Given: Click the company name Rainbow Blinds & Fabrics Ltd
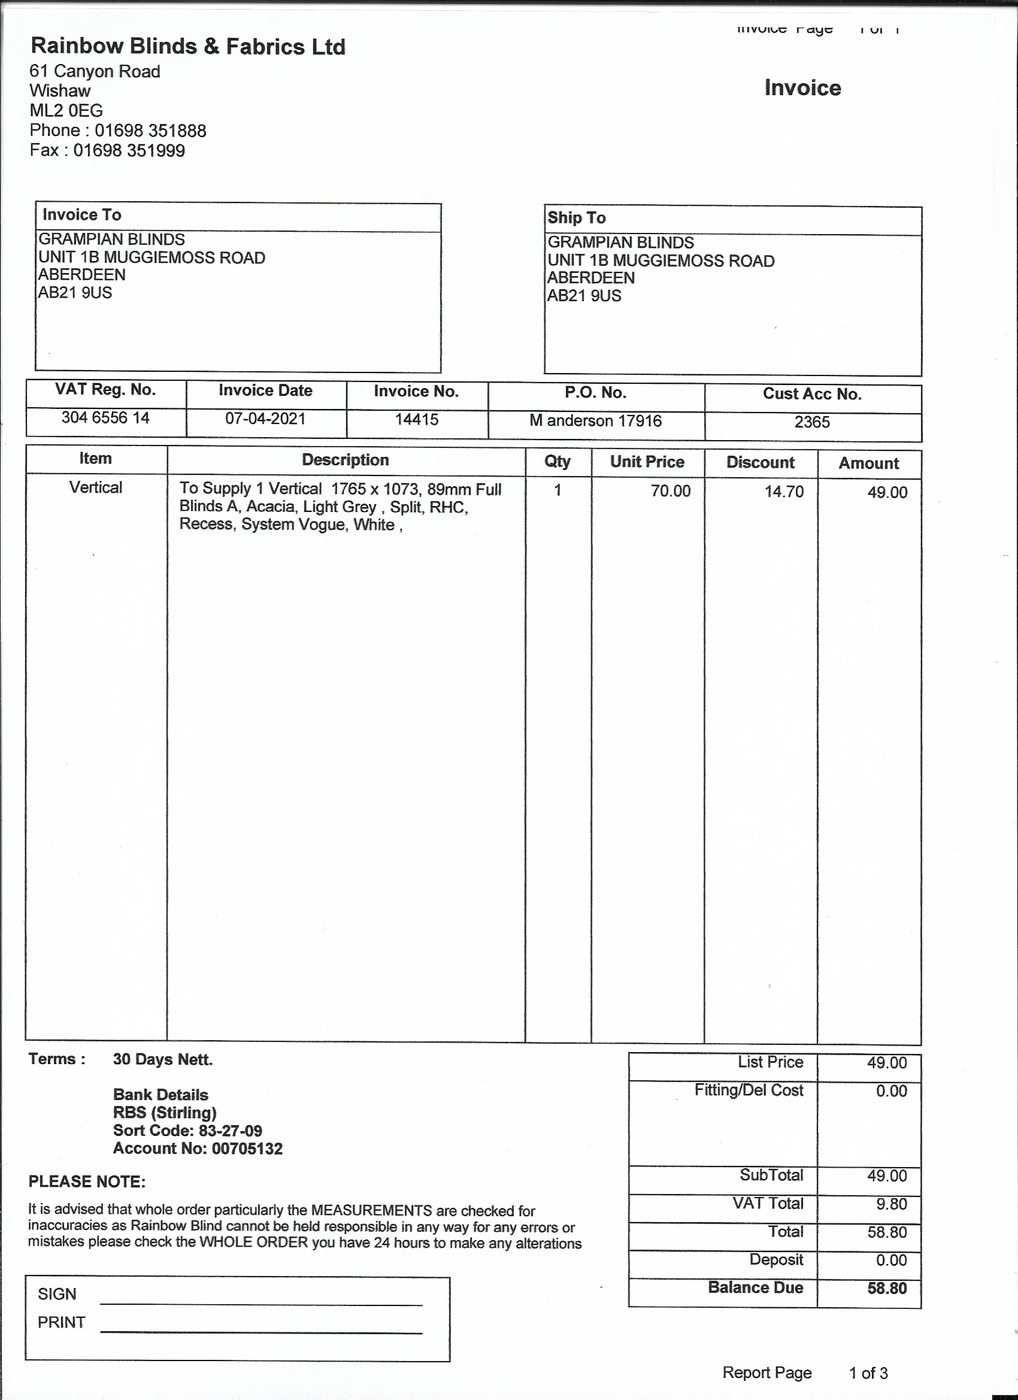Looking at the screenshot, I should coord(187,47).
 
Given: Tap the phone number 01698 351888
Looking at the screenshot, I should coord(150,131).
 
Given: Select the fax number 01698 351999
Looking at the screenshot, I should coord(129,151).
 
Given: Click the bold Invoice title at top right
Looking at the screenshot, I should coord(802,88).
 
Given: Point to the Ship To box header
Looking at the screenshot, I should coord(577,218).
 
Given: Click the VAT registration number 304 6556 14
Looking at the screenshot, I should coord(105,418).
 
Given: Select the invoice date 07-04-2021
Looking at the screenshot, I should coord(265,419).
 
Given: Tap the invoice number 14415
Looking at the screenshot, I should coord(417,420).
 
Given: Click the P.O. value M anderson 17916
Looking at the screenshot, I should coord(595,421).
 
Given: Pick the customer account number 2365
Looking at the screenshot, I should coord(812,422).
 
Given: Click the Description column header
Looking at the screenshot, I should coord(345,460).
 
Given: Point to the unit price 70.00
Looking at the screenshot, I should coord(671,492).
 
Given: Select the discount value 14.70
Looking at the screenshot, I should coord(784,492).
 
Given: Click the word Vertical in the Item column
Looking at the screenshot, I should coord(96,487).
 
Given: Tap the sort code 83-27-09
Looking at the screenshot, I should coord(231,1131).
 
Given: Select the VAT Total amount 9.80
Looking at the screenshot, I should coord(892,1204).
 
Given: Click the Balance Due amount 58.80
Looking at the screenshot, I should coord(887,1288).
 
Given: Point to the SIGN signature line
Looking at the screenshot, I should coord(260,1303).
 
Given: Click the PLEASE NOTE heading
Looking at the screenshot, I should coord(87,1181).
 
